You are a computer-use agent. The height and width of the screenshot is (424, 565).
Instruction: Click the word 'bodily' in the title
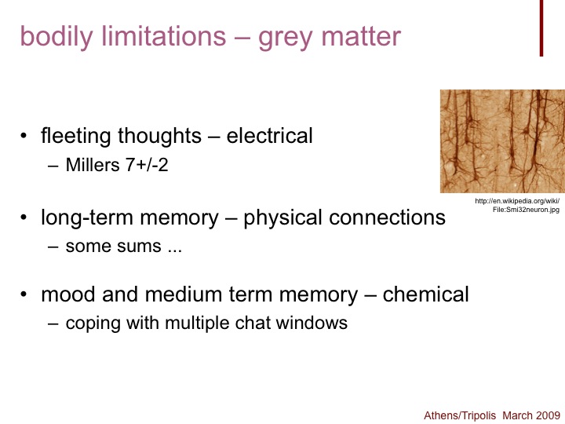56,37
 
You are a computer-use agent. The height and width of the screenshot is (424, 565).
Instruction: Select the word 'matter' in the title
361,37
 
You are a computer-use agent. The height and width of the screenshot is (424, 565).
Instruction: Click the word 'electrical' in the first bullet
269,136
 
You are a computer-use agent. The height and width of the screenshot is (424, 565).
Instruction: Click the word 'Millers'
93,165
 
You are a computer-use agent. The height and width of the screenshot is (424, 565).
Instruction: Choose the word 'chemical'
425,294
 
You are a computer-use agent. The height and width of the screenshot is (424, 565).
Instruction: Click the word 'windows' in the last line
312,323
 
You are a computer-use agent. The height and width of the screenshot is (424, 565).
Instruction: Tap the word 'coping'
93,323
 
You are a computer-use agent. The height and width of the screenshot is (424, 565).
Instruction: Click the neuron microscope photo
502,141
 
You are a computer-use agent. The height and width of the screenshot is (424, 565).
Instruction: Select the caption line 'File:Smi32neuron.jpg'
526,210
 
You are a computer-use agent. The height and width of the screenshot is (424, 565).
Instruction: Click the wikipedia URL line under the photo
517,201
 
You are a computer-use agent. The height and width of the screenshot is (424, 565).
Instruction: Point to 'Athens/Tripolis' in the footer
460,415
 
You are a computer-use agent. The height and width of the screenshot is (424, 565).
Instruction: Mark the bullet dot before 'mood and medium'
24,294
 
